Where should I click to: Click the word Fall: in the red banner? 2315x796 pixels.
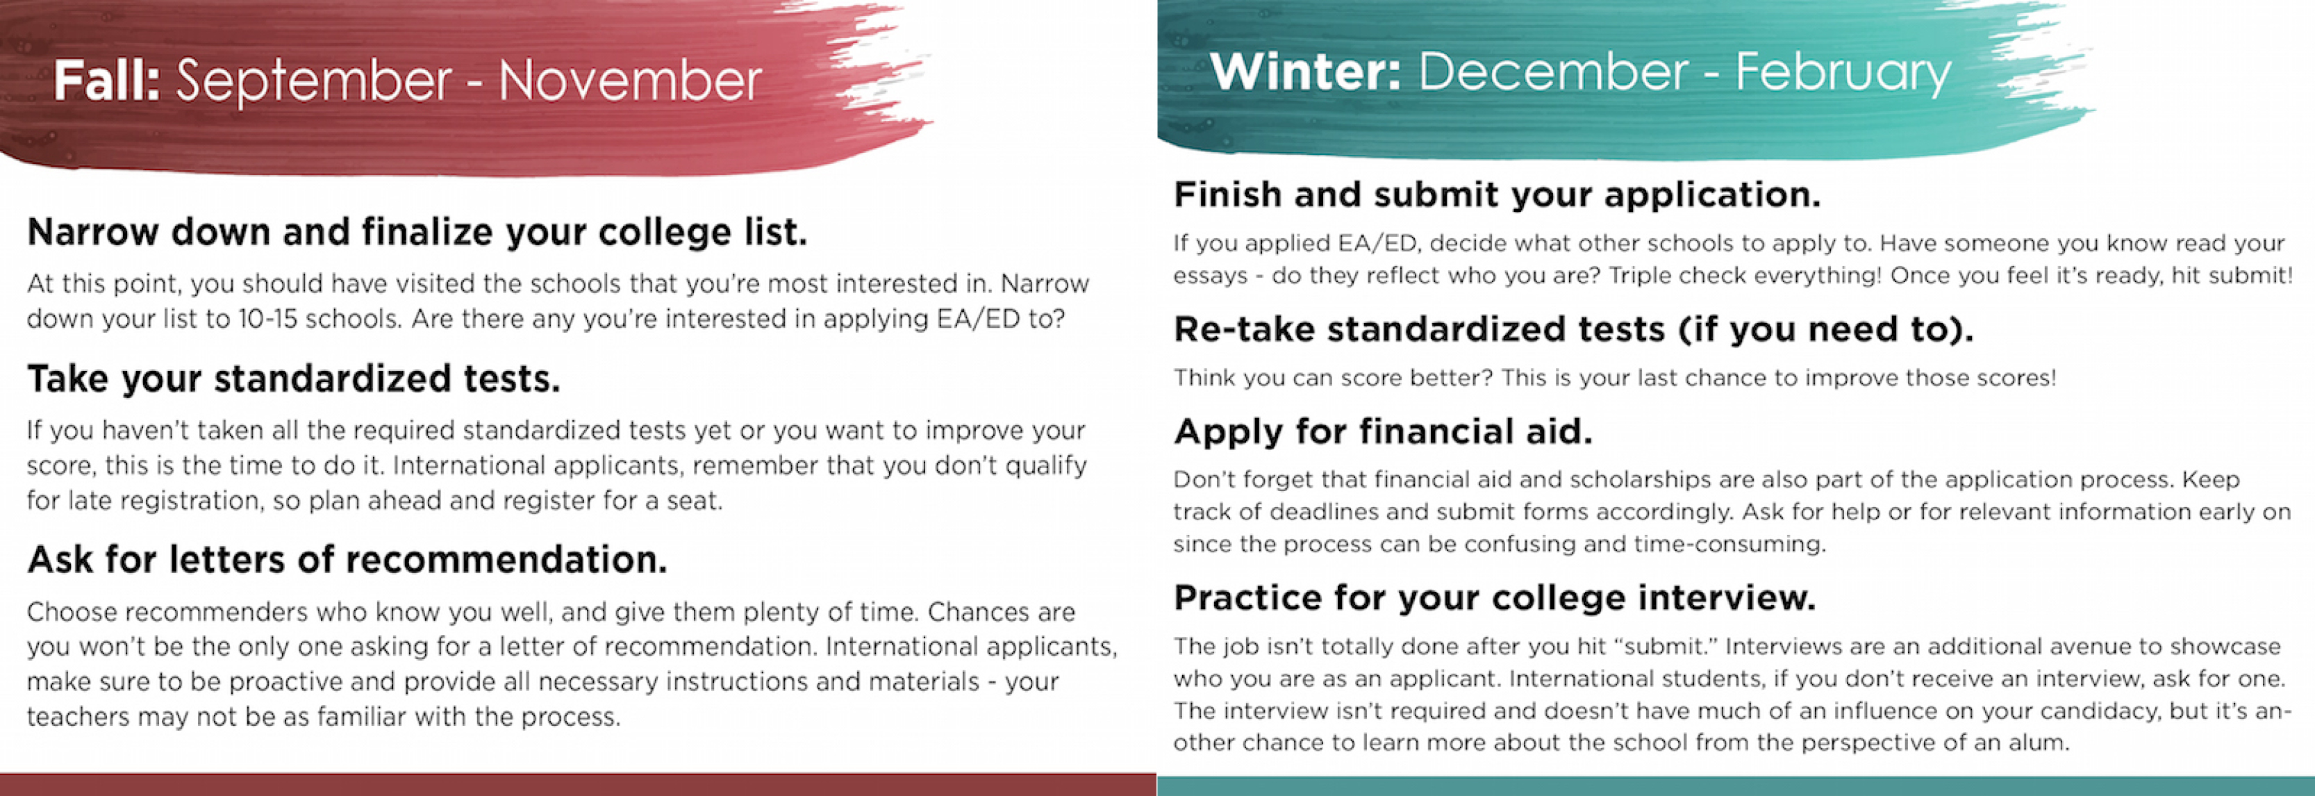(106, 80)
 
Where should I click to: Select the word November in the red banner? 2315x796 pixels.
(630, 81)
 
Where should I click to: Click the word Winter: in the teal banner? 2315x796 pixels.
(1305, 71)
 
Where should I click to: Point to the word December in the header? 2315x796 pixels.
(1553, 71)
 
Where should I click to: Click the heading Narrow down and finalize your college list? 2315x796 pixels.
(417, 233)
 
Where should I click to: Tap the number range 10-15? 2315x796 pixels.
(267, 319)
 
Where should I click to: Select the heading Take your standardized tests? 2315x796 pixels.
(294, 379)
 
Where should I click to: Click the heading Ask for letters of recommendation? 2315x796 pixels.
(347, 560)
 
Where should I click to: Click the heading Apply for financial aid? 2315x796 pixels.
(1383, 432)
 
